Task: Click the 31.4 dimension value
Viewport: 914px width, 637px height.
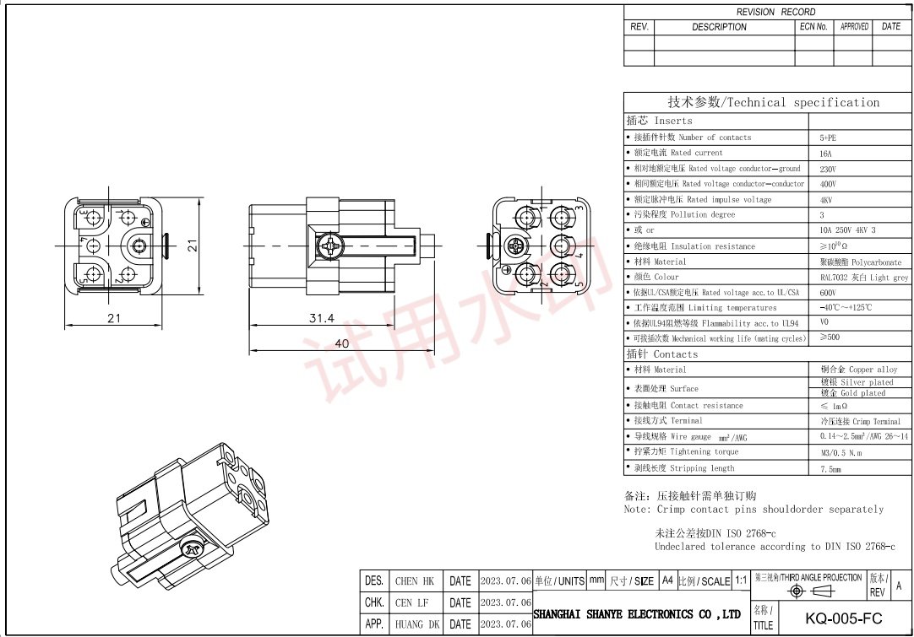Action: point(321,318)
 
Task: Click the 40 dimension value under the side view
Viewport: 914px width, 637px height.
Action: point(341,343)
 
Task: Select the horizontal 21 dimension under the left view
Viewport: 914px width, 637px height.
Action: point(113,318)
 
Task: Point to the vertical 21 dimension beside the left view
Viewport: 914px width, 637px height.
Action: point(193,246)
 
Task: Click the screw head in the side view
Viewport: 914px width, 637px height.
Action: point(328,246)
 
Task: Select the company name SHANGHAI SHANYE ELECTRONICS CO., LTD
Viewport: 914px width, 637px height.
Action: point(637,614)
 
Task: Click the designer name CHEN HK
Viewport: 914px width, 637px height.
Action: point(414,581)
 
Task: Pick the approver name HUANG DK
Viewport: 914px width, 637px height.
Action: point(416,625)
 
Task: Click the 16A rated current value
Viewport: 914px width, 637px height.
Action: point(825,154)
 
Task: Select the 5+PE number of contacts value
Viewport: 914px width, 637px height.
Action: point(828,138)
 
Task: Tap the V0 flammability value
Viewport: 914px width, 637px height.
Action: point(824,322)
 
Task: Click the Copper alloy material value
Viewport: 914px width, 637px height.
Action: point(858,370)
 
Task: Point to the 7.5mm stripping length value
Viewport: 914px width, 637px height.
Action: point(830,469)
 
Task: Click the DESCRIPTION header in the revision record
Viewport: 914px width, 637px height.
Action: point(719,27)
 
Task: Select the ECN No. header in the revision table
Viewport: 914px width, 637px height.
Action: point(813,27)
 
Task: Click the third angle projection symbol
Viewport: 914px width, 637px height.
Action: point(809,591)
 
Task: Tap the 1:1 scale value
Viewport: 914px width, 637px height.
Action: point(741,581)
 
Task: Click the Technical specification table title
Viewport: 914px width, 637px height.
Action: point(773,102)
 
